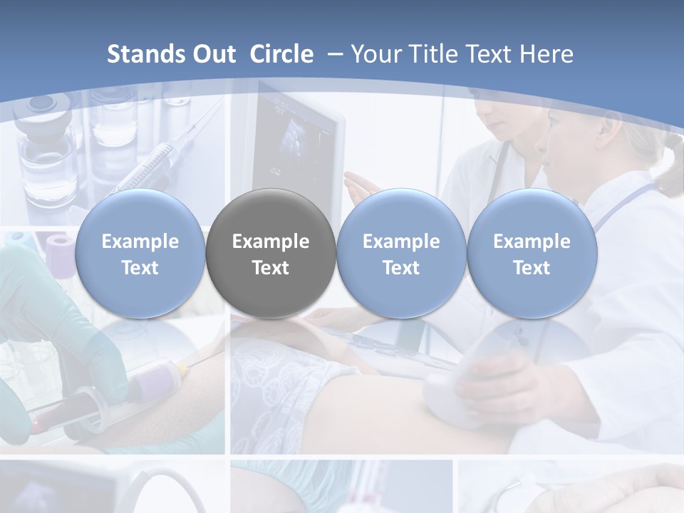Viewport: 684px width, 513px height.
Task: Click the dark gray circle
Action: point(271,254)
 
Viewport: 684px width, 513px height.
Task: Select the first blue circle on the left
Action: point(140,254)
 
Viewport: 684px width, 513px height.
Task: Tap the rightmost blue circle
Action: point(532,254)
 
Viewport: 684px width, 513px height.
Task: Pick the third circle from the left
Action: point(401,254)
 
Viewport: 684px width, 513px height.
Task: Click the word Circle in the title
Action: point(281,54)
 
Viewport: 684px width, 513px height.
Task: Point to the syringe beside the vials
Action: point(160,160)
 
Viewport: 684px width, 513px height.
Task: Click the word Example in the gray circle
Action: point(271,242)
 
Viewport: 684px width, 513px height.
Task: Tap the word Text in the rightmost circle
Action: point(532,268)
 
